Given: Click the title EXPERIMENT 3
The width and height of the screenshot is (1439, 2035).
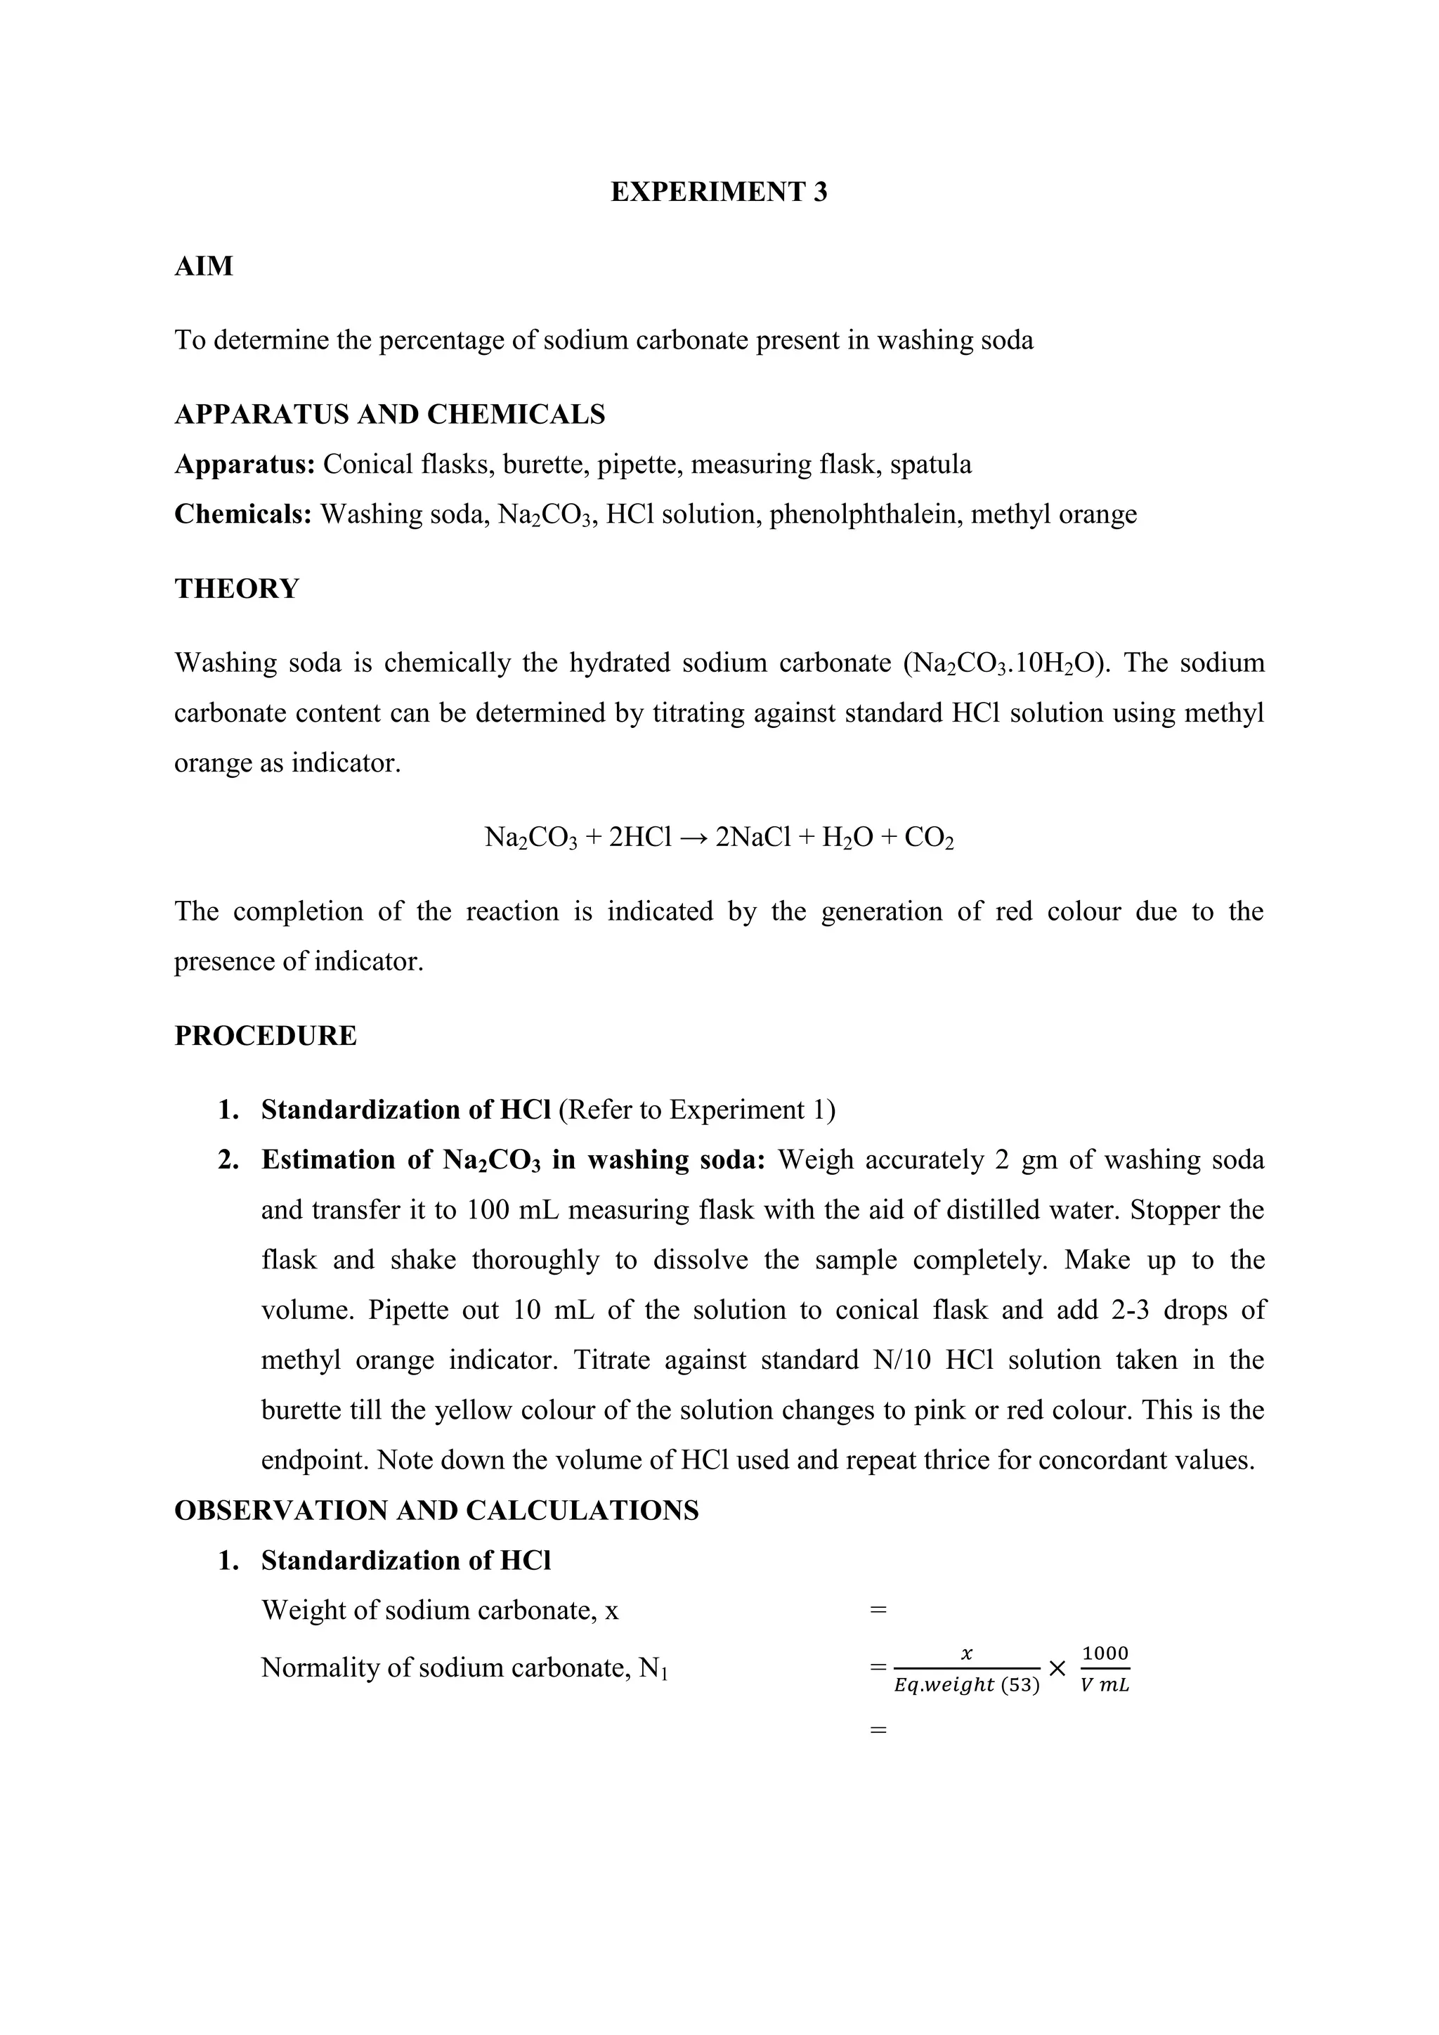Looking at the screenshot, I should [719, 193].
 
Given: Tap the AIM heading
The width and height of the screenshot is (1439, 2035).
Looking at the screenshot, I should [204, 266].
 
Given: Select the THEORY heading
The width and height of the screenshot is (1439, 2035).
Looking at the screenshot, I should [237, 589].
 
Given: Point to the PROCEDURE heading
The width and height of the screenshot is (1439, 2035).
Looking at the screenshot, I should [265, 1035].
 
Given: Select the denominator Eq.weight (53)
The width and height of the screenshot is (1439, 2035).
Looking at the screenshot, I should [967, 1685].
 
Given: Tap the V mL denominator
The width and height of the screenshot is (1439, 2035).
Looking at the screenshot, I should [1105, 1685].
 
